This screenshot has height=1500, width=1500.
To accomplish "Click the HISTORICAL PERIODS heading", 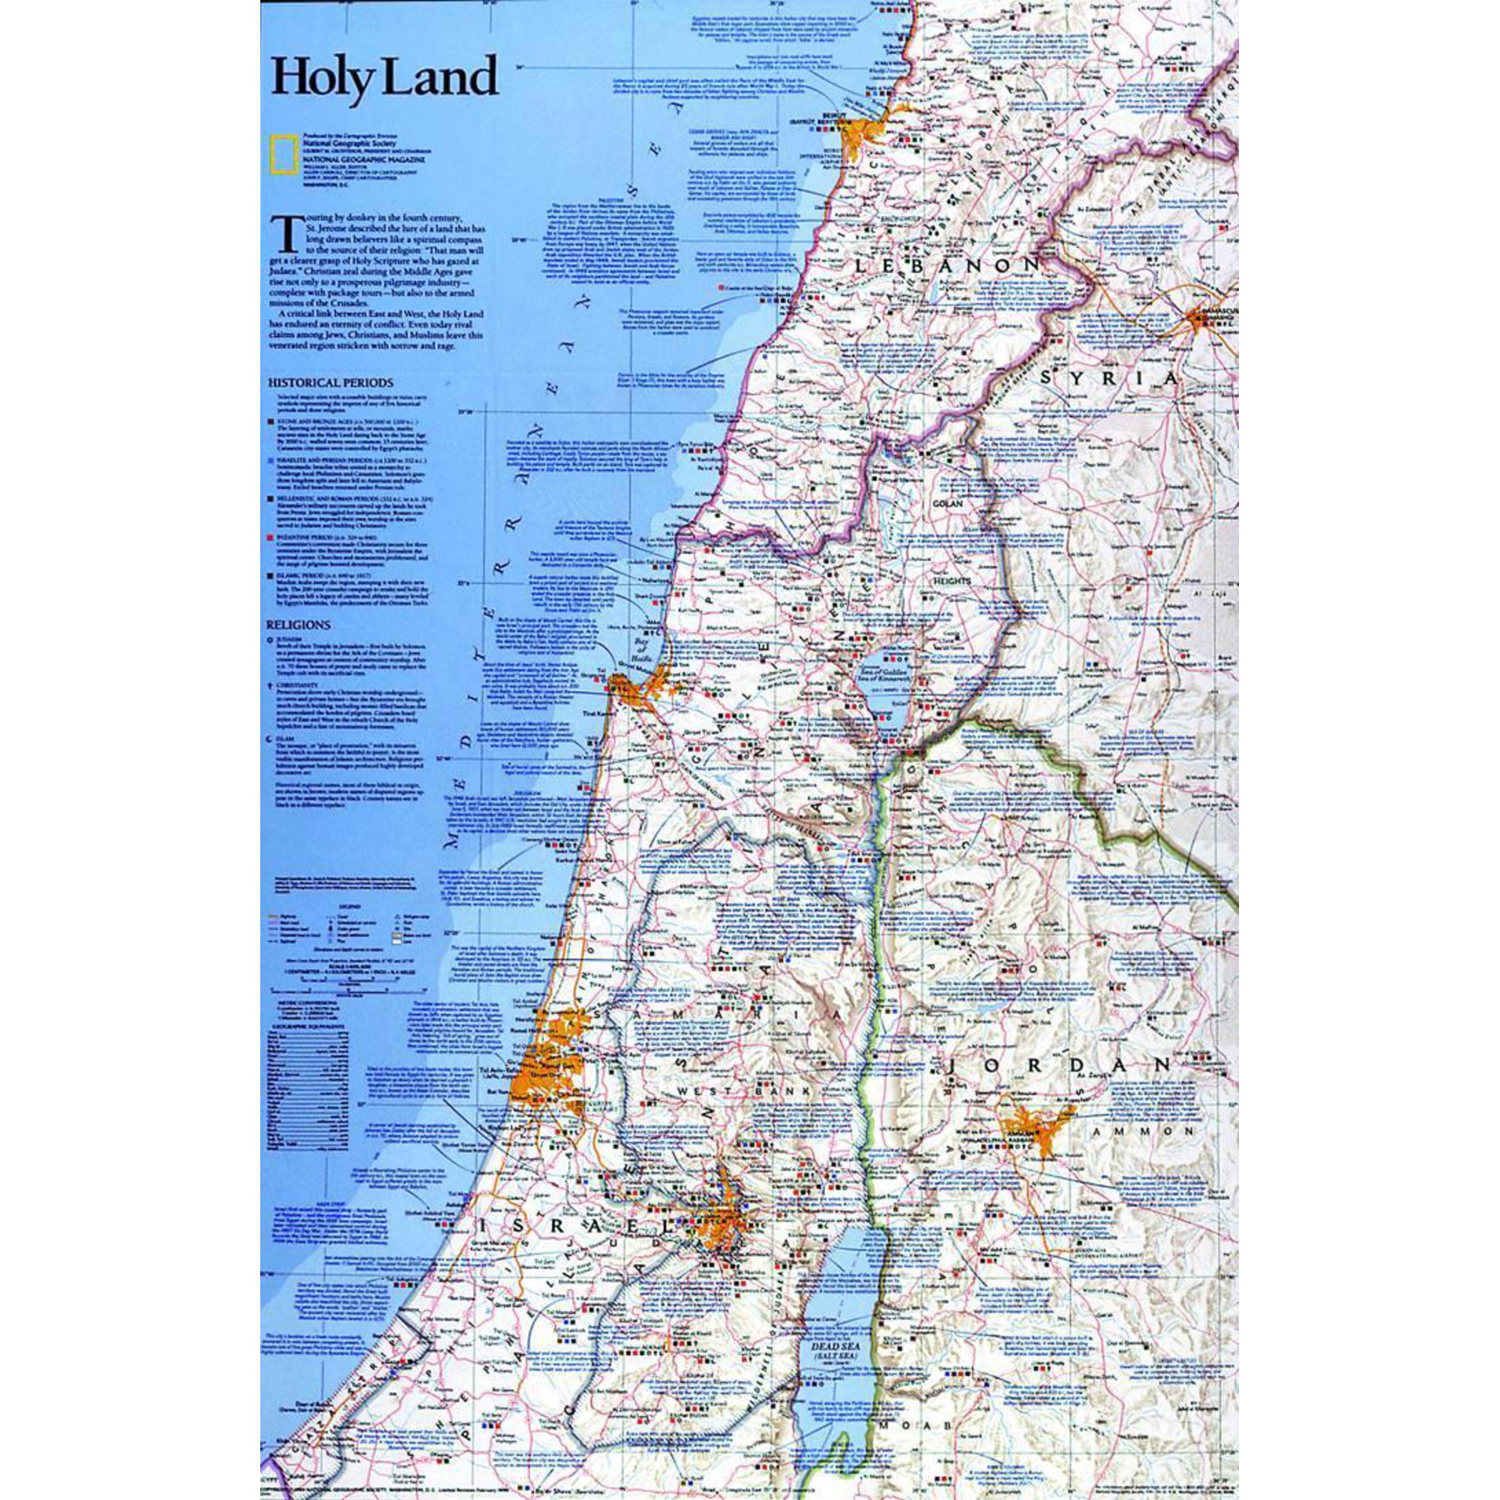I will click(x=330, y=382).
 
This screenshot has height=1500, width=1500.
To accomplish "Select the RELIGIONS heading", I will click(x=299, y=624).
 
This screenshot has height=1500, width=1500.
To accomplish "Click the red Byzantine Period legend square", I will click(x=270, y=535).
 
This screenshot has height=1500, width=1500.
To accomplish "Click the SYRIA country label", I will click(x=1110, y=378).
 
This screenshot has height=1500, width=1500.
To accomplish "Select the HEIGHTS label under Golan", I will click(x=949, y=580).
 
